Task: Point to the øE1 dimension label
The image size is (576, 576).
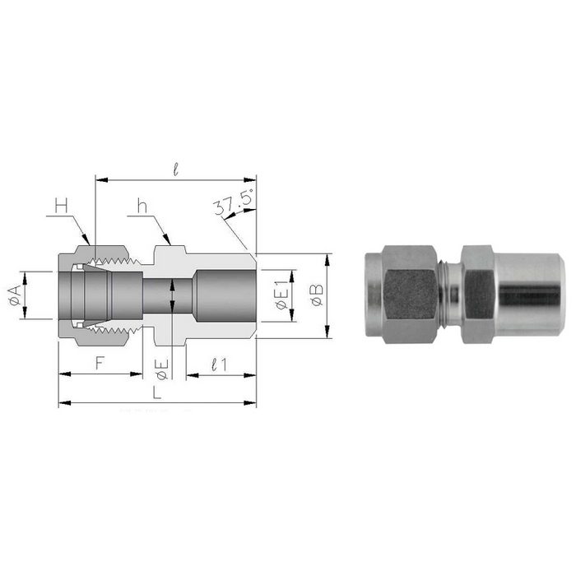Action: [282, 295]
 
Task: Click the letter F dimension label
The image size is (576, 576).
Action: [99, 362]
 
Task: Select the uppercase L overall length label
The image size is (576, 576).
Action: [156, 393]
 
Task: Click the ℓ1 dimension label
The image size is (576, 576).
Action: [219, 362]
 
